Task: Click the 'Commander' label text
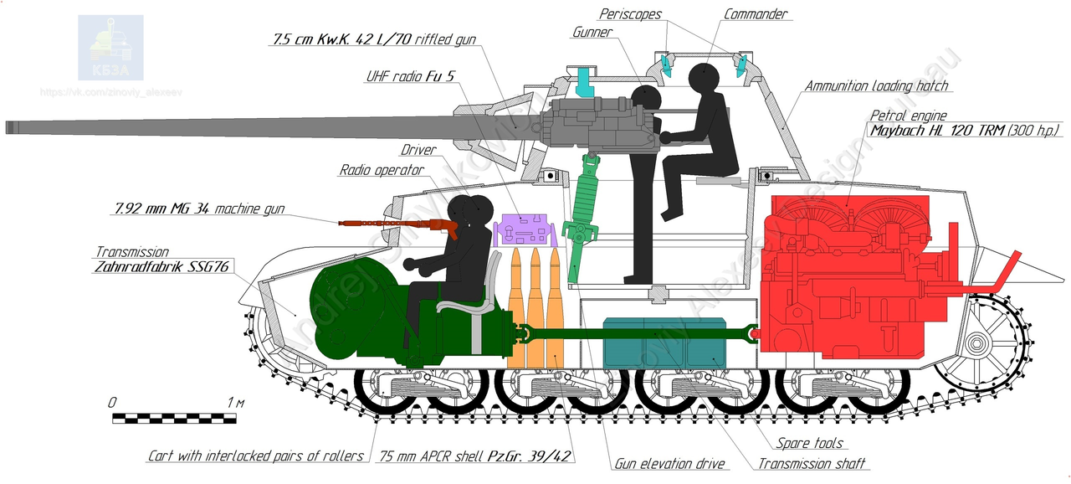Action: (x=756, y=14)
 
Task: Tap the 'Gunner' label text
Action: (x=592, y=33)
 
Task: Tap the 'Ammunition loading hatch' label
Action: (x=877, y=85)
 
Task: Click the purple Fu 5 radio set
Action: (x=524, y=229)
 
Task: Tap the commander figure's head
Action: (x=703, y=80)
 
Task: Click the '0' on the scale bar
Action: (x=112, y=403)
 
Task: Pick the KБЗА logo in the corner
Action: (x=111, y=47)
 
